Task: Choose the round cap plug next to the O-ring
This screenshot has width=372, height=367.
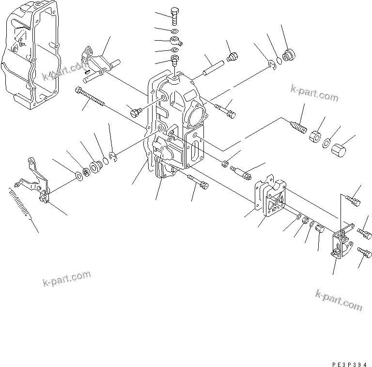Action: [x=289, y=56]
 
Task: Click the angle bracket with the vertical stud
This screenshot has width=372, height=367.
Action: [x=341, y=245]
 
